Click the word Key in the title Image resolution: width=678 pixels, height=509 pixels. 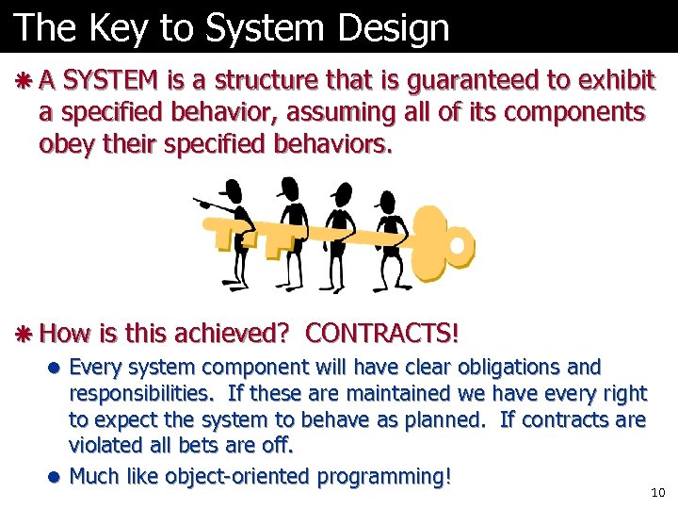tap(121, 28)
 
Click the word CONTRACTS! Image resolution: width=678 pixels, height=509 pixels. tap(382, 333)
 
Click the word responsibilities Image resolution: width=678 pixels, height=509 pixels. tap(131, 393)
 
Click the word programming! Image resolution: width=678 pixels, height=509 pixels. tap(384, 476)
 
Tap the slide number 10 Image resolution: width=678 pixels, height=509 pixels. tap(657, 493)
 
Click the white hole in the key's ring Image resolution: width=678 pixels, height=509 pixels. tap(457, 246)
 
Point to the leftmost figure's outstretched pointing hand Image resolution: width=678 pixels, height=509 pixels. tap(199, 201)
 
